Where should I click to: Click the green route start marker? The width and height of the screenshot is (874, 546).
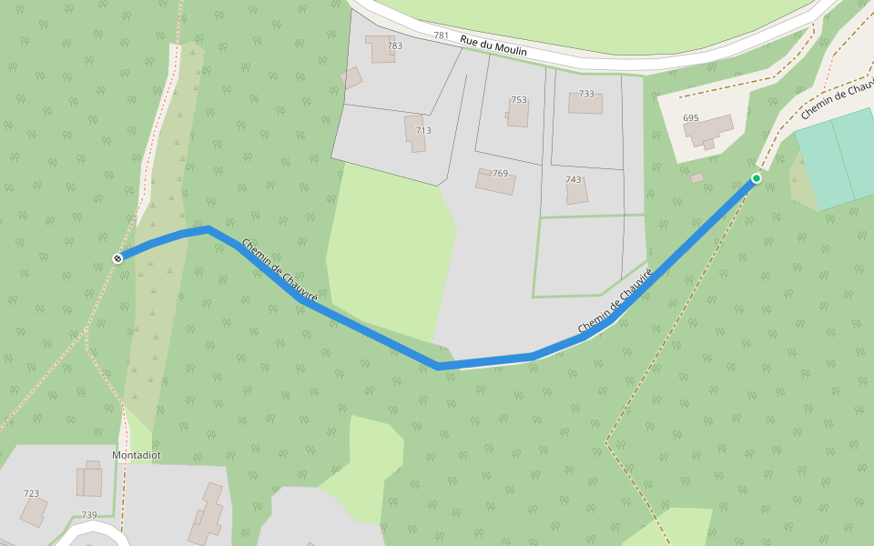click(x=756, y=178)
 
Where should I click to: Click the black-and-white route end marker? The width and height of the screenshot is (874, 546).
click(x=117, y=258)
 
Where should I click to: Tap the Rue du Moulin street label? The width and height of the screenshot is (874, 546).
click(x=493, y=46)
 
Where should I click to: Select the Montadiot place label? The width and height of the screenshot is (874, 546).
click(x=136, y=455)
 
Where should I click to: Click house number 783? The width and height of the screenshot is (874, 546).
click(x=394, y=45)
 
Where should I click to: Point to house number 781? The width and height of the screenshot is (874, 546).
click(x=441, y=35)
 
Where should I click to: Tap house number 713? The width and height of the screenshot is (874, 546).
click(x=423, y=131)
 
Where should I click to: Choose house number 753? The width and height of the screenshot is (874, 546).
click(x=519, y=100)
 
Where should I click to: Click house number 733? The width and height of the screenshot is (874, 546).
click(x=586, y=94)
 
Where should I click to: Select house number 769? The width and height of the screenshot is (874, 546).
click(x=500, y=173)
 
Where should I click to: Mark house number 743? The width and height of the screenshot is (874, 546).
click(x=573, y=179)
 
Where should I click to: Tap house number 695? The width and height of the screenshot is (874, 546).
click(x=690, y=118)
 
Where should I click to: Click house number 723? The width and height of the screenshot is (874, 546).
click(x=32, y=493)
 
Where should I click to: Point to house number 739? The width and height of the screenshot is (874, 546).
click(x=89, y=515)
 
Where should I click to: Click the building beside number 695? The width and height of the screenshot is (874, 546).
click(x=709, y=130)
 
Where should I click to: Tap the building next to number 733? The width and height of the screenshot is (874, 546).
click(x=585, y=104)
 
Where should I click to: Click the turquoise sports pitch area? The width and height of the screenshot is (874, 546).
click(x=836, y=156)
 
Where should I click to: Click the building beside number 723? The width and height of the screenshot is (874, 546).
click(x=34, y=511)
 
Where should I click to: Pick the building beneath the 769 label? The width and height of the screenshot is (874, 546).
click(x=495, y=182)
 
